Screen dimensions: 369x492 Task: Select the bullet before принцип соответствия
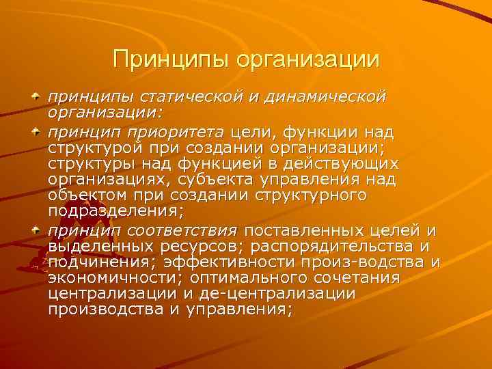click(x=34, y=228)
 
